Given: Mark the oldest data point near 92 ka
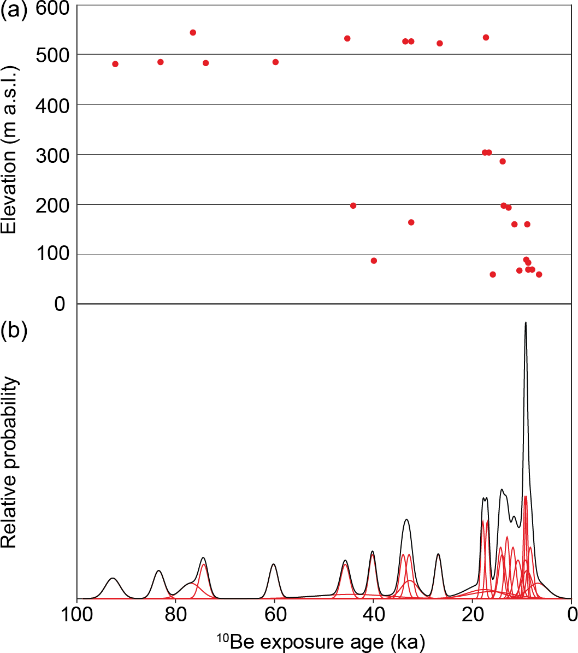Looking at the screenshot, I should click(x=115, y=64).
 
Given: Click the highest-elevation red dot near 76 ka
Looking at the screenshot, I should click(x=193, y=32).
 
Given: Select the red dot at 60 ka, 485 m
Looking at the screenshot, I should click(x=275, y=62).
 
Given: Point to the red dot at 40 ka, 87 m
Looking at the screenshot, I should click(x=374, y=261).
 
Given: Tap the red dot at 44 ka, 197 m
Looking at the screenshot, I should click(x=353, y=205).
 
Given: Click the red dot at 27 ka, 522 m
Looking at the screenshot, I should click(x=440, y=43).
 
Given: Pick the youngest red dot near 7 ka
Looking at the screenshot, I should click(x=539, y=274).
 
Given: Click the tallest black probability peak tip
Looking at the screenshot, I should click(x=526, y=322).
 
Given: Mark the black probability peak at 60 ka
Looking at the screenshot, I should click(x=274, y=564).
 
